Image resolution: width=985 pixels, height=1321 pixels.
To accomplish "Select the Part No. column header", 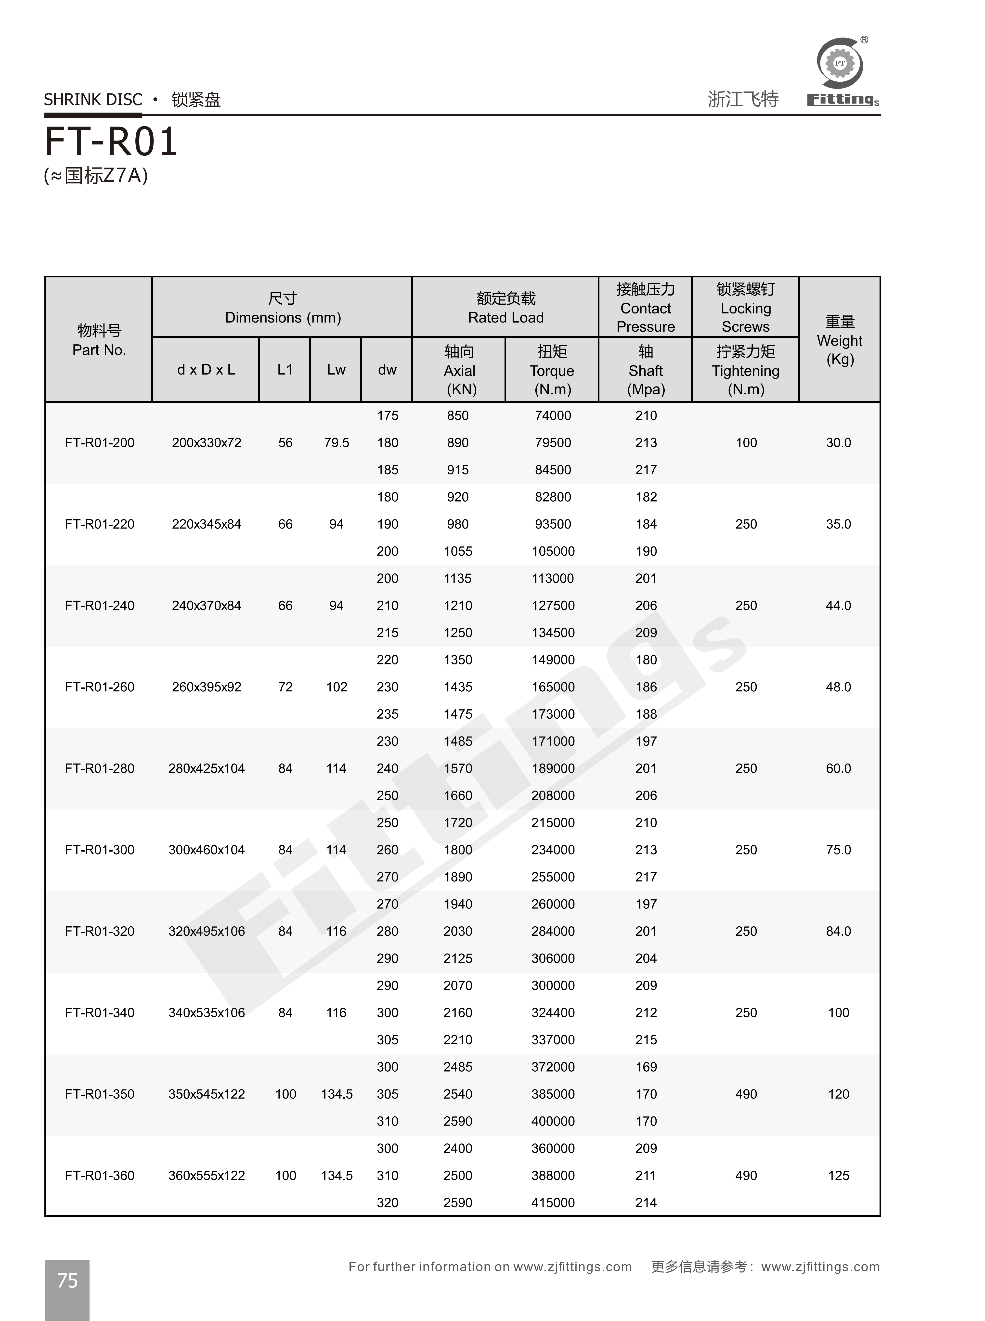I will point(99,340).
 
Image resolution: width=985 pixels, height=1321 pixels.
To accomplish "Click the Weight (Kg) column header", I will point(840,340).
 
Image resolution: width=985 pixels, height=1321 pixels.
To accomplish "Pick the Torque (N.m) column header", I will point(552,370).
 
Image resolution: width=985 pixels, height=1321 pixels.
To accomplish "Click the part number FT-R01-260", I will point(100,687).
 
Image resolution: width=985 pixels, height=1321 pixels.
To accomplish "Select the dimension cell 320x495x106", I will point(206,931).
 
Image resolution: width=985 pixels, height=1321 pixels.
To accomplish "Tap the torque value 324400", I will point(553,1012).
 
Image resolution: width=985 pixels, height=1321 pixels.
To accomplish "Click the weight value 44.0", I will point(838,606).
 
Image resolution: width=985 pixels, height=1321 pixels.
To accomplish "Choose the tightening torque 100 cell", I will point(746,443).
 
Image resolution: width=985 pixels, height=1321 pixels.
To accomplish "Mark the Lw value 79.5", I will point(336,443).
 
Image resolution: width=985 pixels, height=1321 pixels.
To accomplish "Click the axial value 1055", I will point(458,551).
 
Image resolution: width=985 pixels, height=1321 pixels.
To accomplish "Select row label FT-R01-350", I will point(100,1094).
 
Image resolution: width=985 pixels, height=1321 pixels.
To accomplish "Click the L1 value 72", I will point(285,687).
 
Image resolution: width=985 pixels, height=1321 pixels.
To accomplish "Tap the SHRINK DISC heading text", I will point(93,100).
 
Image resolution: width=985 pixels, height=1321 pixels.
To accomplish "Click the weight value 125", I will point(838,1176).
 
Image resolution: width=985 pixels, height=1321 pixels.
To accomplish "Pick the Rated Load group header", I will point(505,308).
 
